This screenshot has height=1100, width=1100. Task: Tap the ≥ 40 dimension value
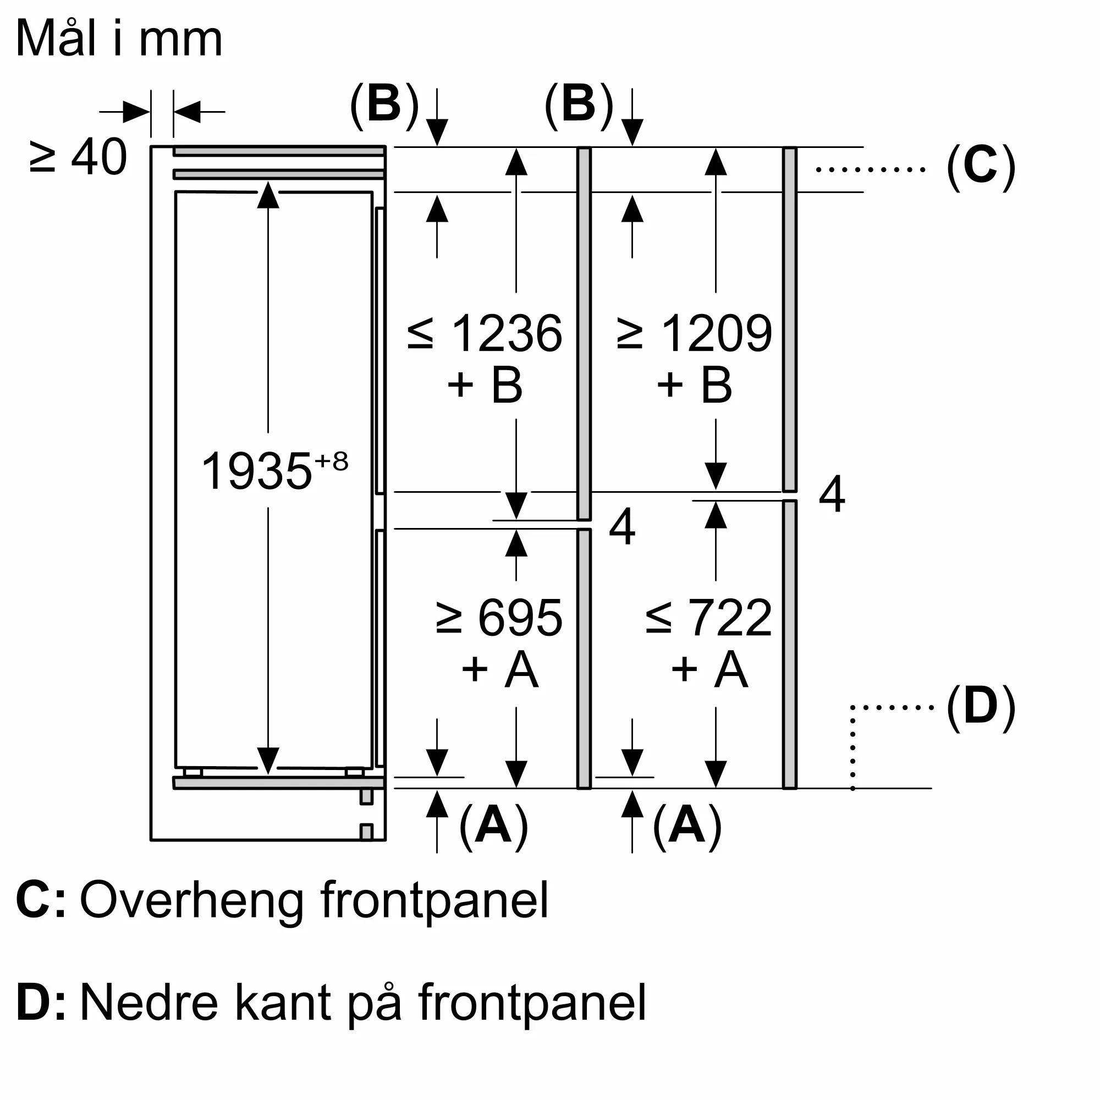tap(78, 157)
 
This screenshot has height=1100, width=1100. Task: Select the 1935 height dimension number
tap(257, 471)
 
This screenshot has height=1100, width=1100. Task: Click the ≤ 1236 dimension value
tap(485, 333)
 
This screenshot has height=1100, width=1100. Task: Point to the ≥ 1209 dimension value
tap(695, 333)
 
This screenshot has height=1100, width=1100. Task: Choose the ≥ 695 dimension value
tap(499, 618)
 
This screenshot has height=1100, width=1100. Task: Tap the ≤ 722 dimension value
tap(709, 618)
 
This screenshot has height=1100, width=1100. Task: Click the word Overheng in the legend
tap(191, 901)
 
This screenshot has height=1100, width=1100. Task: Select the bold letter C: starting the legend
tap(41, 900)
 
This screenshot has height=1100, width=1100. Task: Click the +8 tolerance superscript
tap(331, 461)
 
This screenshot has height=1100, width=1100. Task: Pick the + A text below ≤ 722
tap(710, 669)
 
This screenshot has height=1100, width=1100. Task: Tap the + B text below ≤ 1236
tap(485, 385)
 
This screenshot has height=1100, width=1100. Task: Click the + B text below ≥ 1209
tap(695, 385)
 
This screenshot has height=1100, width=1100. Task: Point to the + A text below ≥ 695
tap(500, 669)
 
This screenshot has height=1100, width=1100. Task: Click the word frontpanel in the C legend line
tap(435, 901)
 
